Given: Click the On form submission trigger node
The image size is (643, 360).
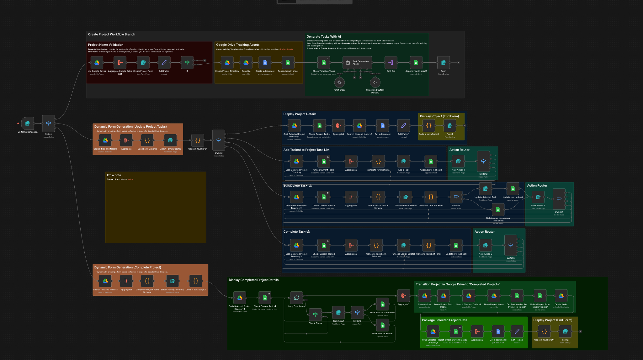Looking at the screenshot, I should click(x=28, y=124).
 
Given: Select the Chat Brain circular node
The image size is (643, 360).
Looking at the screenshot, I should click(x=339, y=82).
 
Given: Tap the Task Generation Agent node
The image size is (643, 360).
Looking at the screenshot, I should click(x=357, y=63).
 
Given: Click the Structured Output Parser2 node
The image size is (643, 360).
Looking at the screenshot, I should click(x=375, y=82).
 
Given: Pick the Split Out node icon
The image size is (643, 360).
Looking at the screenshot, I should click(x=391, y=63).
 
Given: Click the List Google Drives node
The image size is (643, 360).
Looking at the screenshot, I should click(x=97, y=63).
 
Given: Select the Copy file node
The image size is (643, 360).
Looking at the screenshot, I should click(x=246, y=63).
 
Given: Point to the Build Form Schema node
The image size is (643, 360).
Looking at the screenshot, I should click(x=147, y=140).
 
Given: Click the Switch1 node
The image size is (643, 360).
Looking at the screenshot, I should click(x=219, y=140).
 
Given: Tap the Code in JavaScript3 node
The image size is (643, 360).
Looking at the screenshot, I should click(x=429, y=126).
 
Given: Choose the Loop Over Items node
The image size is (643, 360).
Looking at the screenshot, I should click(x=296, y=298).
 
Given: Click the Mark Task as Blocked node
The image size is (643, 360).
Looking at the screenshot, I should click(x=382, y=325).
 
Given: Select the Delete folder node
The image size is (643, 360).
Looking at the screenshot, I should click(x=561, y=296).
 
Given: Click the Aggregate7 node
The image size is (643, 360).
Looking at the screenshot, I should click(x=403, y=296).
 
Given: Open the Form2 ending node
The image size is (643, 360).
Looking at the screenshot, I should click(x=565, y=331).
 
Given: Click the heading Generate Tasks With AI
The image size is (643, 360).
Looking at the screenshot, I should click(x=324, y=37).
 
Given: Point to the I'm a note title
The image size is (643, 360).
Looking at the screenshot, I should click(x=114, y=175).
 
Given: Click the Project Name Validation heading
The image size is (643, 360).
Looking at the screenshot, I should click(x=106, y=45).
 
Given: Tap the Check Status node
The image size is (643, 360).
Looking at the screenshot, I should click(x=315, y=315).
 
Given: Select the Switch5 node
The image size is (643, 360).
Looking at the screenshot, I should click(x=511, y=245).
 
